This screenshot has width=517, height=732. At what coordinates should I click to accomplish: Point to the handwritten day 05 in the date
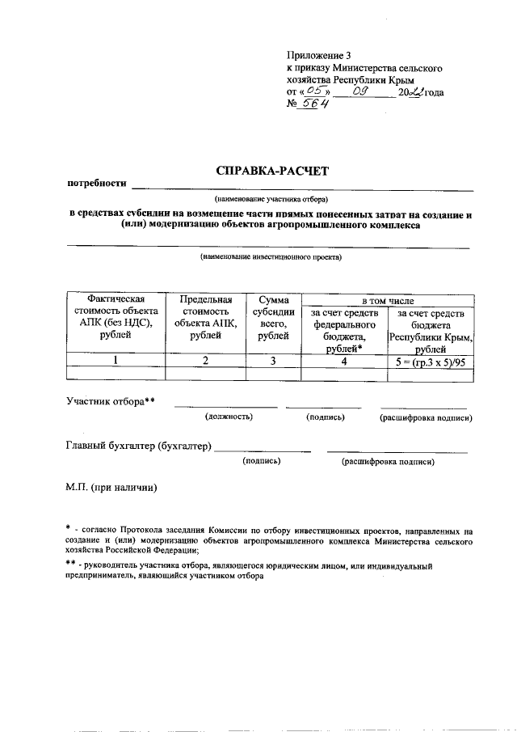305,92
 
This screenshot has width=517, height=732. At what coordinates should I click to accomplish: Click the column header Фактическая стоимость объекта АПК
116,319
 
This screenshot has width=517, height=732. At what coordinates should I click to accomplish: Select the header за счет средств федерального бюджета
343,331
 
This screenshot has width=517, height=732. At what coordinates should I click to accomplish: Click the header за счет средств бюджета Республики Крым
430,331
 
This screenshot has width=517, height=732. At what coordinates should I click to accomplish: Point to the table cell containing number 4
343,361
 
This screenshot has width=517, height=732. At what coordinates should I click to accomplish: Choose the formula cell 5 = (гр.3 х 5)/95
430,361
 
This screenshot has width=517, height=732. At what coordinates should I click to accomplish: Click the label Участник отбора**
110,401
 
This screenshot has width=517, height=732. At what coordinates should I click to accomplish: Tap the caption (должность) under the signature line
228,417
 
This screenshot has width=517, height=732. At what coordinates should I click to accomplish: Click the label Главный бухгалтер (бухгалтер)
138,446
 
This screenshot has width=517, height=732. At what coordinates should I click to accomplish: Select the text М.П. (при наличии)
111,487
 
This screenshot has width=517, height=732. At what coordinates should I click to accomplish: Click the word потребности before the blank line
97,184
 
